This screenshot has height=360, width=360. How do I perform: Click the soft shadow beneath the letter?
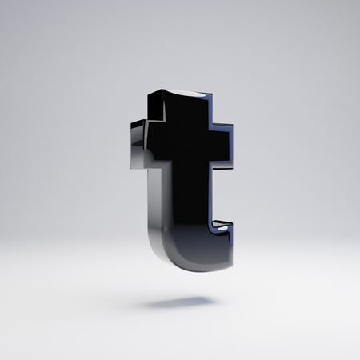(x=178, y=302)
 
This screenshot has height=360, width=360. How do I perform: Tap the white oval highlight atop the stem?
(x=186, y=93)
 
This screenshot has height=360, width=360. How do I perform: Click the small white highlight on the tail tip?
(x=222, y=228)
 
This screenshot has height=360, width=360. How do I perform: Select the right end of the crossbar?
(x=232, y=146)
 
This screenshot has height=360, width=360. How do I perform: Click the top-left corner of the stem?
(x=148, y=94)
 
